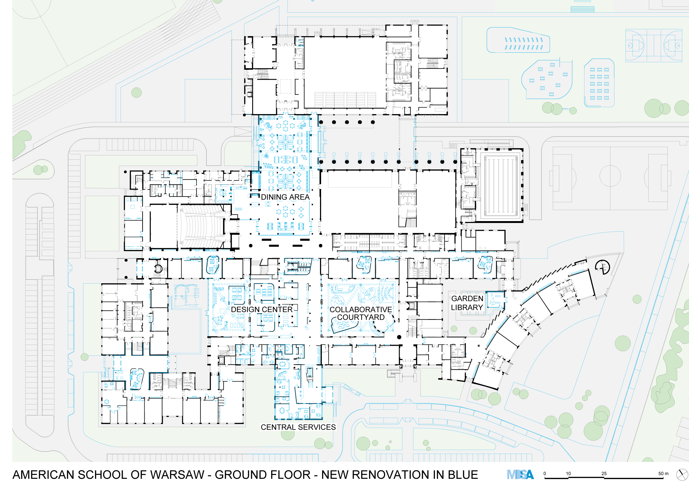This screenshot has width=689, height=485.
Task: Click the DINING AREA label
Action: pyautogui.click(x=285, y=197)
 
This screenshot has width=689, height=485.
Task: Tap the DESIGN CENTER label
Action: pyautogui.click(x=262, y=309)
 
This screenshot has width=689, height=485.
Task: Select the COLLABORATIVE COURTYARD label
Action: pyautogui.click(x=361, y=313)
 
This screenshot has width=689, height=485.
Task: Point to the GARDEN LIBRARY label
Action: pyautogui.click(x=467, y=303)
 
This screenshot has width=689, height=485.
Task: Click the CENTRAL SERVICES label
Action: pyautogui.click(x=298, y=427)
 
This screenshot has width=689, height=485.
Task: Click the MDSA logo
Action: pyautogui.click(x=520, y=474)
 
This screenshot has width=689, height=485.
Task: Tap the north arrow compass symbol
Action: pyautogui.click(x=682, y=475)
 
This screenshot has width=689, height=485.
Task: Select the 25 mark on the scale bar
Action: pyautogui.click(x=604, y=474)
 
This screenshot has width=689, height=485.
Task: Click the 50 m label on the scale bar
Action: pyautogui.click(x=663, y=474)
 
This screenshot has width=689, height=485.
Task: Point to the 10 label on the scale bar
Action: pyautogui.click(x=568, y=474)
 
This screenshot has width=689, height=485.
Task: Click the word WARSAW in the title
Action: pyautogui.click(x=177, y=475)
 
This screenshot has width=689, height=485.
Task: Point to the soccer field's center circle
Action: pyautogui.click(x=610, y=176)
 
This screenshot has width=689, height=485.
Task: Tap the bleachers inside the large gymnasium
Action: pyautogui.click(x=345, y=99)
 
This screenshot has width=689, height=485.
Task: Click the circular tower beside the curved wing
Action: pyautogui.click(x=603, y=267)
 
